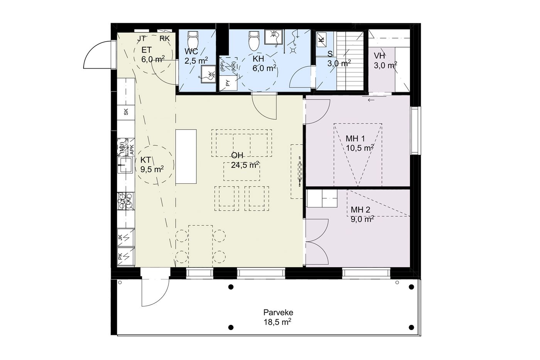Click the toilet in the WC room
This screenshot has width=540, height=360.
pyautogui.click(x=193, y=40)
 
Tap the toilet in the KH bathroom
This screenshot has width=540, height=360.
pyautogui.click(x=254, y=41)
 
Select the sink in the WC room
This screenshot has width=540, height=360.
pyautogui.click(x=208, y=74)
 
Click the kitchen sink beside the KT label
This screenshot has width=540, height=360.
pyautogui.click(x=125, y=165)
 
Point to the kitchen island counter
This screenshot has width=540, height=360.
pyautogui.click(x=186, y=157)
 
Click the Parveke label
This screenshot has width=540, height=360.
pyautogui.click(x=278, y=313)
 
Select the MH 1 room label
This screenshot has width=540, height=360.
pyautogui.click(x=355, y=139)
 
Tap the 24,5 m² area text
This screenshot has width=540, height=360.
pyautogui.click(x=245, y=165)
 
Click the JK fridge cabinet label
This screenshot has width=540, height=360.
pyautogui.click(x=120, y=238)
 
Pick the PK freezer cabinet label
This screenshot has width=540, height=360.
pyautogui.click(x=120, y=256)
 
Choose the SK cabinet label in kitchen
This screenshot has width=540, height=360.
pyautogui.click(x=126, y=112)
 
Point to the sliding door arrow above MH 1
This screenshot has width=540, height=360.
pyautogui.click(x=371, y=100)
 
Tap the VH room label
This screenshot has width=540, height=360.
pyautogui.click(x=379, y=56)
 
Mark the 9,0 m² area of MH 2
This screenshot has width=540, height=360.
pyautogui.click(x=362, y=220)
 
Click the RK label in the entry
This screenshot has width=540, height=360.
pyautogui.click(x=164, y=39)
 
